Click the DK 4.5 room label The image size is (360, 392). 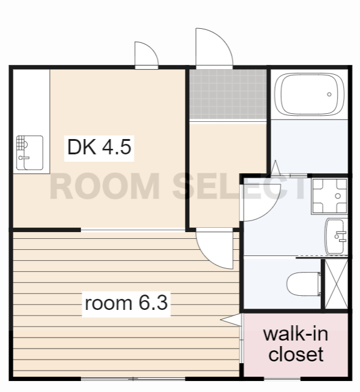[x=99, y=147]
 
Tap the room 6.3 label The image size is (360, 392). [x=126, y=303]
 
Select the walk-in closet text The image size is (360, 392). [x=296, y=344]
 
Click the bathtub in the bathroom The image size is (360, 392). [x=309, y=94]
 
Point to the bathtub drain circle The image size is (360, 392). [x=329, y=94]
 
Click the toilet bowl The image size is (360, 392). [x=304, y=284]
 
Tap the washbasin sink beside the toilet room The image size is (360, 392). [x=336, y=236]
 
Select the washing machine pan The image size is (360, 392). [x=329, y=196]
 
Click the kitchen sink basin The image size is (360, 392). [x=30, y=153]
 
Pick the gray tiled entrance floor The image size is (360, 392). [x=228, y=94]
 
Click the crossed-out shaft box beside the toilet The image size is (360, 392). [x=336, y=284]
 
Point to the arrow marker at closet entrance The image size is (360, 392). [x=231, y=320]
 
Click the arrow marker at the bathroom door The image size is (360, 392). [x=276, y=167]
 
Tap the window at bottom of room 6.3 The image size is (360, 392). [x=133, y=379]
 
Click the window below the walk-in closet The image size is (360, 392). [x=282, y=379]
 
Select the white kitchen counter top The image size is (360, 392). [x=31, y=121]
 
